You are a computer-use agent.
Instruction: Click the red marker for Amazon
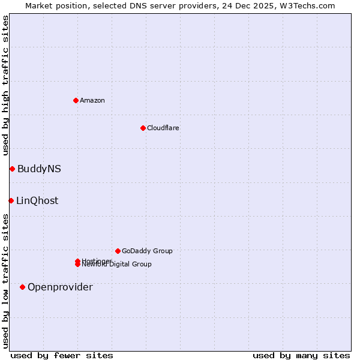coord(76,100)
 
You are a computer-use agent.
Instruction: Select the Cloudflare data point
coord(143,128)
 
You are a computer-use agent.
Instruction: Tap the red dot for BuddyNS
coord(12,169)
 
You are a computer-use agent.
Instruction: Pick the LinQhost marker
coord(11,200)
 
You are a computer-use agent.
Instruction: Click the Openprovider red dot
coord(22,287)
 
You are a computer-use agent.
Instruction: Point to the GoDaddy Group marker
coord(118,251)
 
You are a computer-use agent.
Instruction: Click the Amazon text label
coord(92,100)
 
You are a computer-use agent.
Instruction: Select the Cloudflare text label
coord(163,128)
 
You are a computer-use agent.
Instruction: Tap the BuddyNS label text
coord(39,169)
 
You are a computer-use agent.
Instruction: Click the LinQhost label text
coord(37,201)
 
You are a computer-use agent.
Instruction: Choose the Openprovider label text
coord(60,287)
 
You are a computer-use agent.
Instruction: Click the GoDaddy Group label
coord(147,251)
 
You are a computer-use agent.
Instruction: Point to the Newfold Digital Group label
coord(118,265)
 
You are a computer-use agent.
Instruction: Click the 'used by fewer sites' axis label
coord(62,356)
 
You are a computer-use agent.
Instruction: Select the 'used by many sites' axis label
coord(301,356)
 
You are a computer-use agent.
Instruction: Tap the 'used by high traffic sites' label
coord(6,85)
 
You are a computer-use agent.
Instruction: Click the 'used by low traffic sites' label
coord(6,281)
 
